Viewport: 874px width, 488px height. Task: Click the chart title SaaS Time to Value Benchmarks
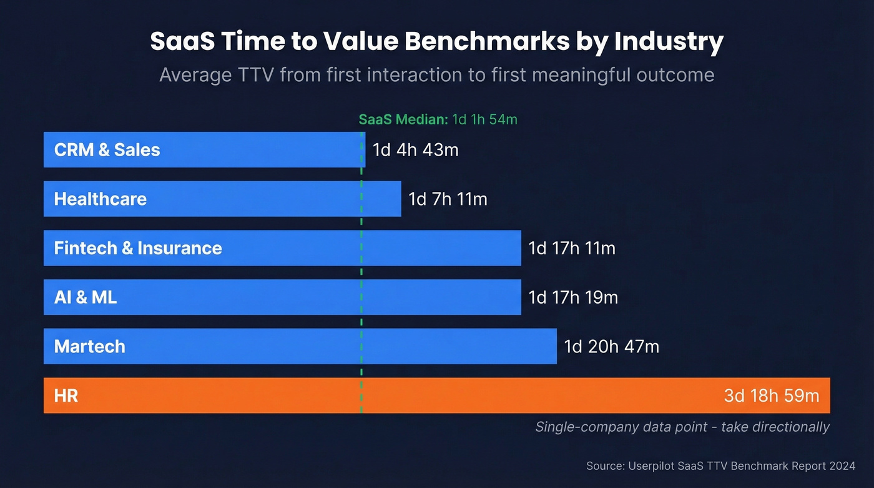pos(437,42)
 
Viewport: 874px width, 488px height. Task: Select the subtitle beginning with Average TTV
pos(437,75)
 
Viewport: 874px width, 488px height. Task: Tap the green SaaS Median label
pos(438,119)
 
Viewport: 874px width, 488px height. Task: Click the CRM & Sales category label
pos(107,150)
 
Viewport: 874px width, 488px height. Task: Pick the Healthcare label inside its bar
pos(101,199)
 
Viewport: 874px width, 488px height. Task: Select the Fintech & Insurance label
pos(138,248)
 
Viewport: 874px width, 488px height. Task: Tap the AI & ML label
pos(86,297)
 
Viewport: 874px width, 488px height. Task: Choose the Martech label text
pos(90,346)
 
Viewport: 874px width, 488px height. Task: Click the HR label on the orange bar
pos(66,396)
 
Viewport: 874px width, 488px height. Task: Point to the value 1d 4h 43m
pos(415,150)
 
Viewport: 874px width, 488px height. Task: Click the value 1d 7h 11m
pos(448,199)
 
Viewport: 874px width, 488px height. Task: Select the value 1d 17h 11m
pos(572,248)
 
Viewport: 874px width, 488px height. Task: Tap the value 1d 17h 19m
pos(573,297)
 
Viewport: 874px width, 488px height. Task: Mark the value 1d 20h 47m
pos(612,346)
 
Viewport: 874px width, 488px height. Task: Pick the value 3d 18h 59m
pos(772,396)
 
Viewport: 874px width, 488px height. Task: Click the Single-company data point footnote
pos(682,427)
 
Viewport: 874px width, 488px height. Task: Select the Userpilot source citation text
pos(720,466)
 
